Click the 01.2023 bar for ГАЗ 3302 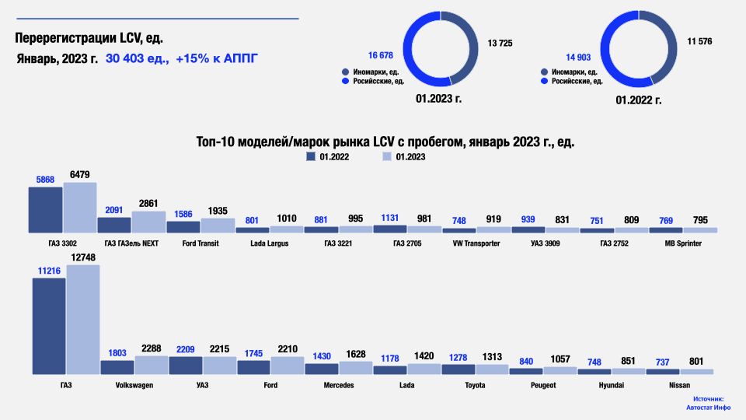click(x=79, y=208)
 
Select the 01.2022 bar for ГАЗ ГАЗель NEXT click(x=113, y=225)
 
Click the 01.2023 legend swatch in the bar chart click(x=386, y=157)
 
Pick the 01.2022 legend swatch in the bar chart click(x=311, y=157)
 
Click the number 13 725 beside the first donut click(x=500, y=43)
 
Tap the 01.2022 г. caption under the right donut click(x=638, y=100)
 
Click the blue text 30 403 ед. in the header click(x=138, y=58)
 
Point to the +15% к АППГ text click(x=217, y=58)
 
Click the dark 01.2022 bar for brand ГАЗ click(x=49, y=326)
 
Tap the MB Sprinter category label click(x=683, y=243)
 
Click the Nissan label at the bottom click(x=679, y=385)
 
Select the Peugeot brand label click(x=543, y=385)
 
